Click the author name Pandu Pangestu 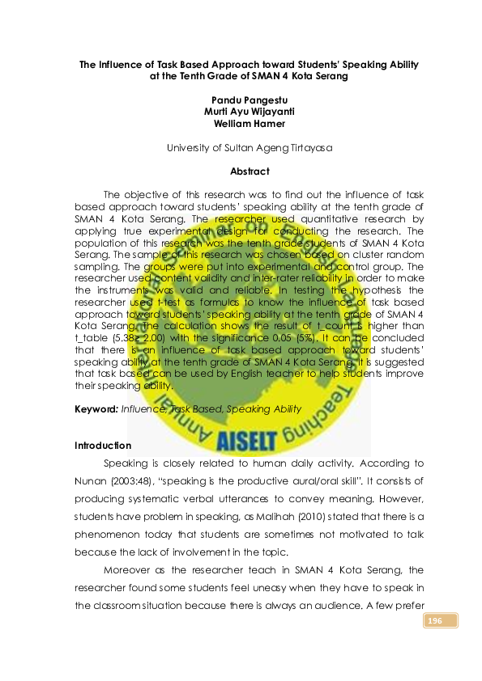click(x=240, y=99)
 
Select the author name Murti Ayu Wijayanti click(x=240, y=112)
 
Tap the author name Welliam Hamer click(x=240, y=124)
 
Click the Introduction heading click(x=103, y=446)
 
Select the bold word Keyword click(x=96, y=409)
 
